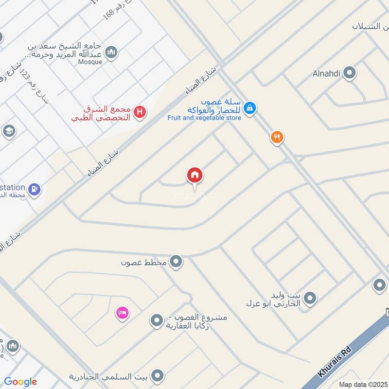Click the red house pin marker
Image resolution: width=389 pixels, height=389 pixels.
pyautogui.click(x=195, y=176)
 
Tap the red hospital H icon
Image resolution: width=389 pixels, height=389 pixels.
pyautogui.click(x=140, y=112)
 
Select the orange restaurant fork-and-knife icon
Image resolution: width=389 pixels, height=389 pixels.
pyautogui.click(x=277, y=138)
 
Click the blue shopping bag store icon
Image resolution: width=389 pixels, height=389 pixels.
pyautogui.click(x=249, y=108)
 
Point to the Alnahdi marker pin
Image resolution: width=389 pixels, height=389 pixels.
pyautogui.click(x=349, y=73)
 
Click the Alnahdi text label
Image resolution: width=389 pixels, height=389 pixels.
pyautogui.click(x=327, y=74)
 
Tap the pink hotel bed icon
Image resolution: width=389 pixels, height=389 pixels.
pyautogui.click(x=122, y=312)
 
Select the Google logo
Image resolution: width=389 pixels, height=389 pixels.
pyautogui.click(x=20, y=382)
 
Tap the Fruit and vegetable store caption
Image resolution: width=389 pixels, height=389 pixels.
pyautogui.click(x=204, y=118)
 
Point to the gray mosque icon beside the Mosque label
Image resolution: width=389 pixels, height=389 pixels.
pyautogui.click(x=111, y=52)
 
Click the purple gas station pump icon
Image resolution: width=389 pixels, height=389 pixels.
pyautogui.click(x=34, y=189)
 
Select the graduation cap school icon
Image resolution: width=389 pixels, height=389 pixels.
pyautogui.click(x=9, y=131)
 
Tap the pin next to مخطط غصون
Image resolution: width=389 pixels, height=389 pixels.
pyautogui.click(x=177, y=262)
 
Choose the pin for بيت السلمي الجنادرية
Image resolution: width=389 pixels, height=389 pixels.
pyautogui.click(x=157, y=375)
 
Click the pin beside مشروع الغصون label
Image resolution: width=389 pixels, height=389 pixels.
pyautogui.click(x=156, y=320)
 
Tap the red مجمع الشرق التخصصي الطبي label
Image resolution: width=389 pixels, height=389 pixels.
pyautogui.click(x=102, y=113)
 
